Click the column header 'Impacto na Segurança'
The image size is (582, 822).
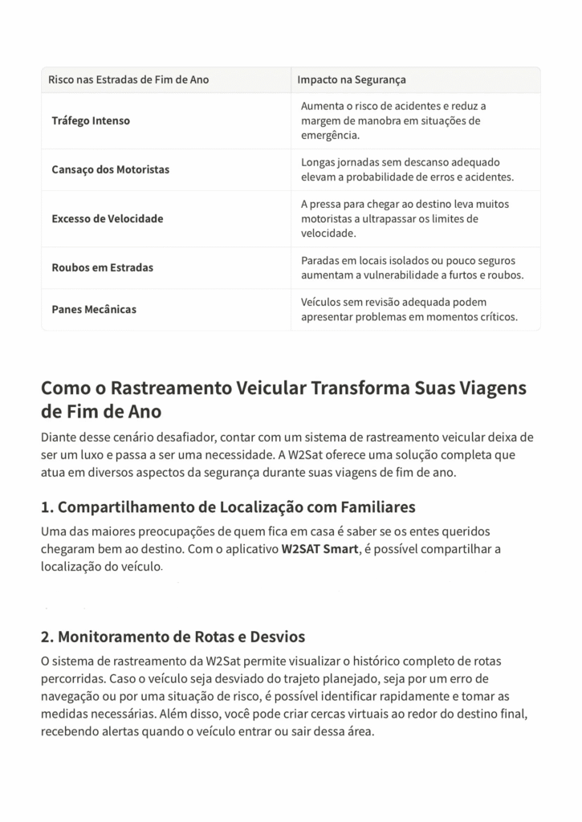point(352,80)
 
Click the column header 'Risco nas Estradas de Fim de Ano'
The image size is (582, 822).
point(128,80)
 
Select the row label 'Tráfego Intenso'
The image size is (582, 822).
point(91,121)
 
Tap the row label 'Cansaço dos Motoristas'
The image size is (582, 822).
point(111,170)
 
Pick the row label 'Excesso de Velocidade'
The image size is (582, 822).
point(108,218)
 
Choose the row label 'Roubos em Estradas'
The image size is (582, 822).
point(103,267)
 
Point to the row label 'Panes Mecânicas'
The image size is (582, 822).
point(94,309)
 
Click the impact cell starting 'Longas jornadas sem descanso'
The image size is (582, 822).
point(407,169)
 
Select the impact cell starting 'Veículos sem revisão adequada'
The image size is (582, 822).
point(409,309)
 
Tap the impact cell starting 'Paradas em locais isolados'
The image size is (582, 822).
point(412,267)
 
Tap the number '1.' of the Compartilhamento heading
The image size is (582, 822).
point(47,507)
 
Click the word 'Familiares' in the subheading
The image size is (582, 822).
point(376,507)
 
